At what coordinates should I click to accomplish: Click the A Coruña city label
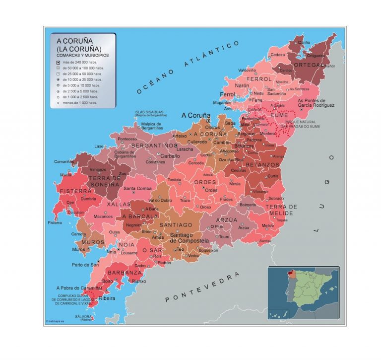point(195,115)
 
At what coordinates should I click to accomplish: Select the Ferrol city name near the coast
point(228,94)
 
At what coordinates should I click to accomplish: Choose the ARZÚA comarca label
point(227,219)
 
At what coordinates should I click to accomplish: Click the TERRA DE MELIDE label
point(281,210)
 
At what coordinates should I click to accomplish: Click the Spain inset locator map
point(303,293)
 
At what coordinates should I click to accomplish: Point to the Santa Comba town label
point(137,188)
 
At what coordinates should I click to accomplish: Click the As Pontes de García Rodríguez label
point(316,102)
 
